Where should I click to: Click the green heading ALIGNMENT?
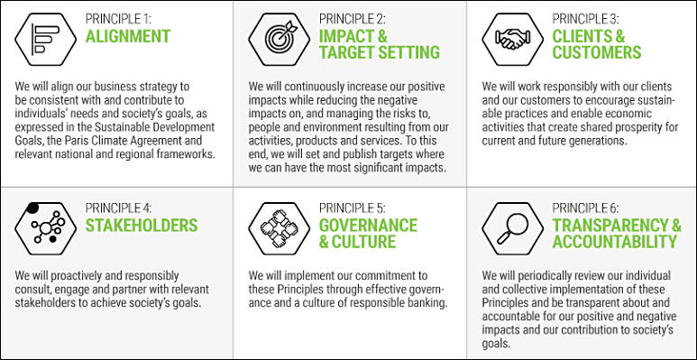tap(128, 36)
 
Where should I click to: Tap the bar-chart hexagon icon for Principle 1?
tap(45, 39)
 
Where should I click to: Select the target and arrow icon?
tap(280, 39)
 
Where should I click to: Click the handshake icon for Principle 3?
tap(512, 39)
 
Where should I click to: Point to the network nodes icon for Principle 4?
tap(45, 229)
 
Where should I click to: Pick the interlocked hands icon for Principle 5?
tap(280, 229)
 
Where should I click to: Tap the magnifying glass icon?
tap(512, 229)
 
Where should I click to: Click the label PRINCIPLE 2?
tap(352, 19)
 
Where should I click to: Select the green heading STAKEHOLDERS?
tap(142, 226)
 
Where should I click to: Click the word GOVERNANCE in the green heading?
tap(368, 226)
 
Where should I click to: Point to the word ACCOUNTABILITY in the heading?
tap(615, 242)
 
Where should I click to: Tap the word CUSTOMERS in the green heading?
tap(597, 52)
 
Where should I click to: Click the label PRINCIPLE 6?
tap(585, 208)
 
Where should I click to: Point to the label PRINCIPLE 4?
tap(119, 208)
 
